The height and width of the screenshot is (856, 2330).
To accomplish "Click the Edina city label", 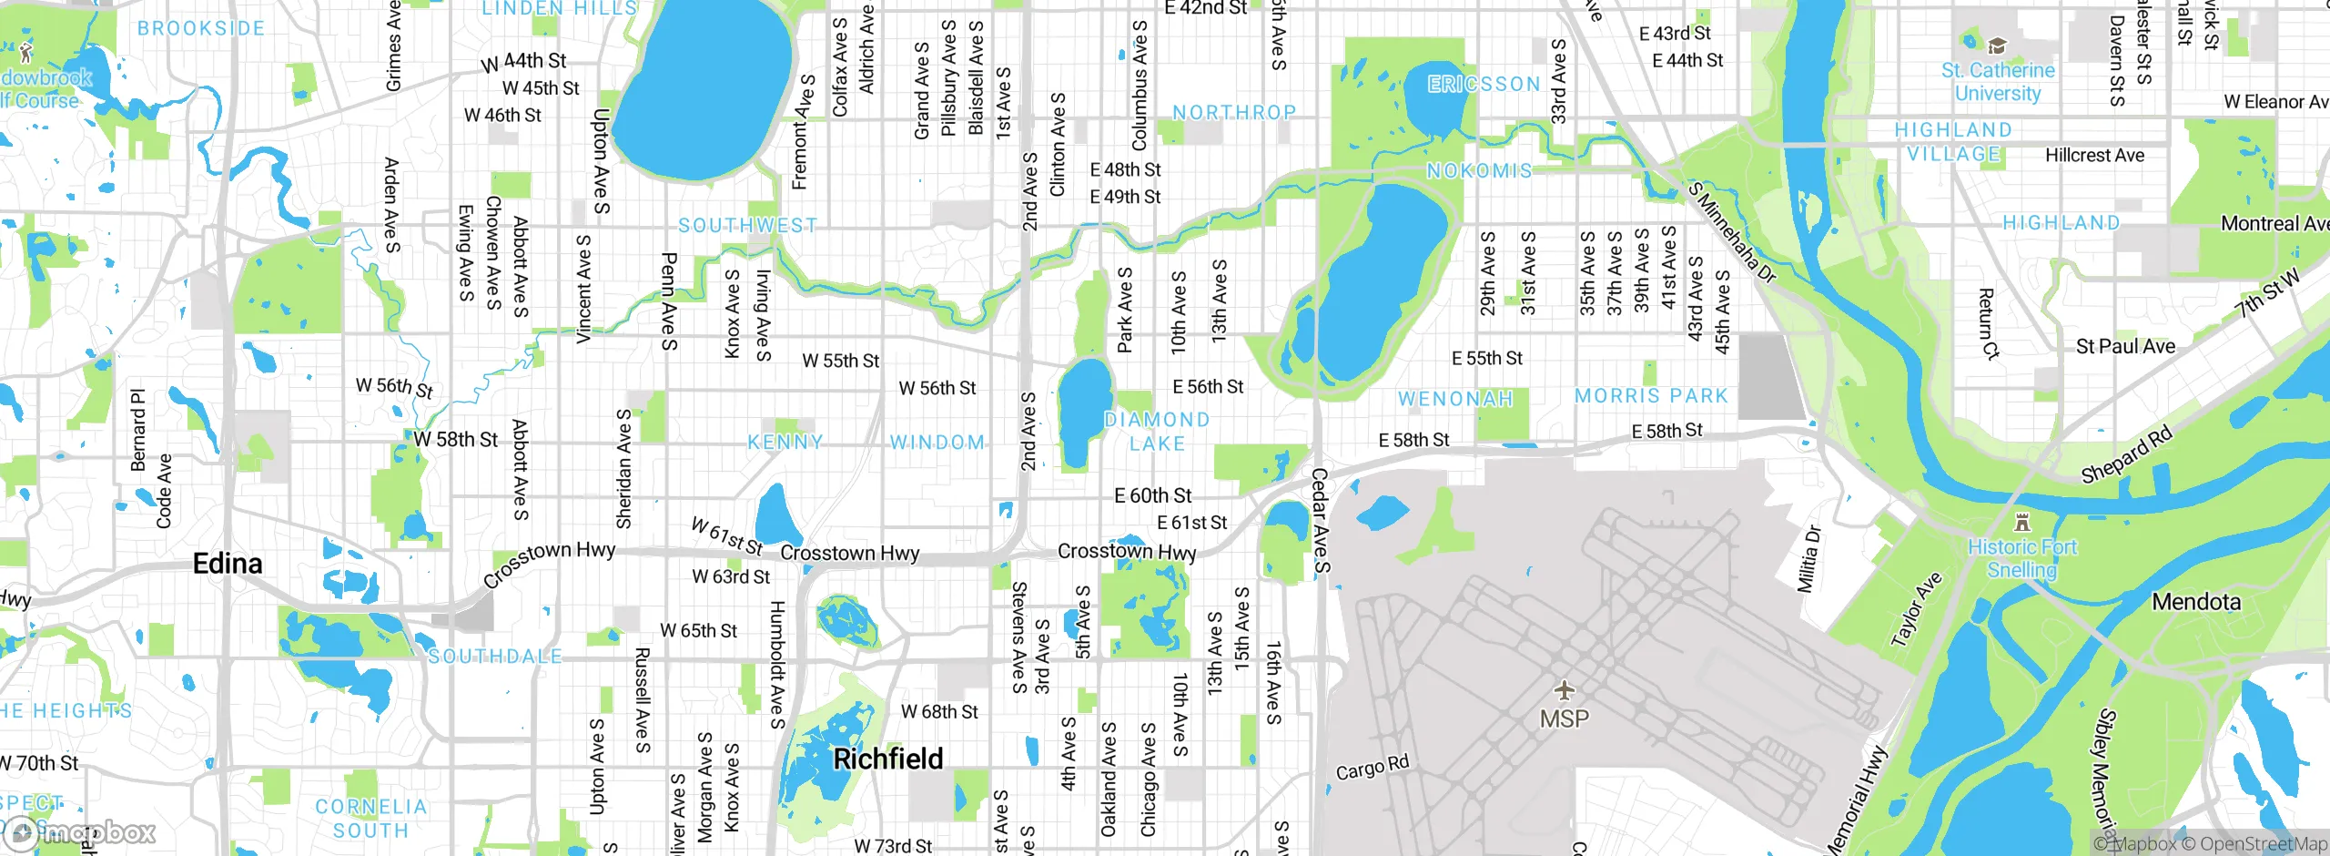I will pos(228,564).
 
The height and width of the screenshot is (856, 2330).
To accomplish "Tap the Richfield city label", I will pos(888,759).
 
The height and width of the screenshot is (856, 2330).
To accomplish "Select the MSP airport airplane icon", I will pos(1564,690).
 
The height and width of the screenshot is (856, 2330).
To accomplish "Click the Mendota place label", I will pos(2195,602).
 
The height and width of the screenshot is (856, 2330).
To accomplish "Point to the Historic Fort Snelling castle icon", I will pos(2022,522).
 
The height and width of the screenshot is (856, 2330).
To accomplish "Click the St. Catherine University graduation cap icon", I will pos(1997,46).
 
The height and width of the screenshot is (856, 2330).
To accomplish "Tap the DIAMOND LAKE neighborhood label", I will pos(1157,432).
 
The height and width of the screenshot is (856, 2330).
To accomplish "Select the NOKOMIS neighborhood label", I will pos(1479,170).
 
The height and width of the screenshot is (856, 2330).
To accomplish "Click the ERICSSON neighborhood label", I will pos(1484,84).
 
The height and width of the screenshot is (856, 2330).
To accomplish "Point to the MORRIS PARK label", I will pos(1651,396).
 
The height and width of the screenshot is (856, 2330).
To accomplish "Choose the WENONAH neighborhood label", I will pos(1455,399).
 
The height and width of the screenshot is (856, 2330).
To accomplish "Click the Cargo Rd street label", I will pos(1372,768).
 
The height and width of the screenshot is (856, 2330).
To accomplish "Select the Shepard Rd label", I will pos(2126,454).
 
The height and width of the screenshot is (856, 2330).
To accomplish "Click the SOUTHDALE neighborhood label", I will pos(495,657).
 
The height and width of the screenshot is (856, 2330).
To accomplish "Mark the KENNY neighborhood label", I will pos(785,443).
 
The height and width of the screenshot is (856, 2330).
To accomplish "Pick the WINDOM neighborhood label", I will pos(937,443).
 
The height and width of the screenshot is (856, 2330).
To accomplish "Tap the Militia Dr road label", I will pos(1808,558).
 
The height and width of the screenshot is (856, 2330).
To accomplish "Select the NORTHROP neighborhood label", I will pos(1234,112).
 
